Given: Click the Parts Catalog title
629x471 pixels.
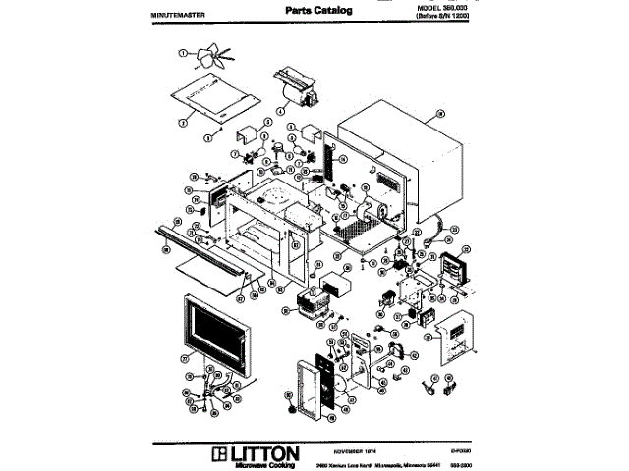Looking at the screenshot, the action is tap(318, 10).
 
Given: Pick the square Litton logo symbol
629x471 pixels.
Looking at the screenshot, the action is tap(217, 455).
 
